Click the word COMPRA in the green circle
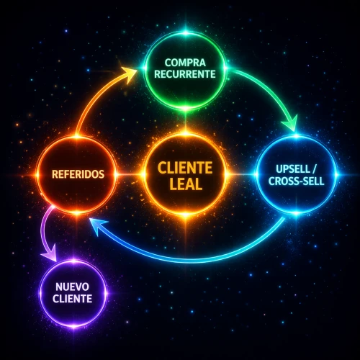point(185,63)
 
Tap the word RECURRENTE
point(185,74)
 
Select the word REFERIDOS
point(78,174)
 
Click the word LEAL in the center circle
point(186,184)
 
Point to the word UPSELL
point(293,169)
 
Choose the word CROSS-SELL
point(297,181)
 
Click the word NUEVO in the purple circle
point(72,287)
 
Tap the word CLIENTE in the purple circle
point(72,299)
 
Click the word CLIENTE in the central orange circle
point(185,168)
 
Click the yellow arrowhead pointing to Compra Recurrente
point(130,73)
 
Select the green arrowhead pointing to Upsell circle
point(290,124)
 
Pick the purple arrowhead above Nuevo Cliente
point(50,253)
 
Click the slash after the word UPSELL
point(314,169)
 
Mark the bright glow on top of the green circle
point(185,32)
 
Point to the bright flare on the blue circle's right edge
point(336,175)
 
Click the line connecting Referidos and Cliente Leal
point(130,174)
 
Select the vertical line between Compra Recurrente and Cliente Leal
point(185,121)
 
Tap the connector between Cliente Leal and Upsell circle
point(241,174)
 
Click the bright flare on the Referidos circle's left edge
point(37,175)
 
